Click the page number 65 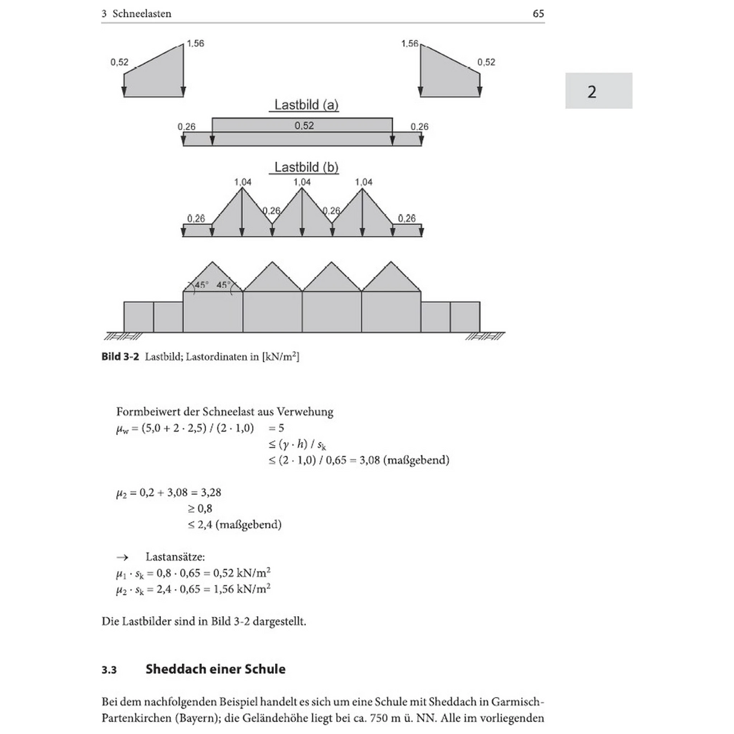pyautogui.click(x=538, y=14)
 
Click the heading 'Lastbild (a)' pyautogui.click(x=307, y=105)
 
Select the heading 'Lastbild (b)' pyautogui.click(x=307, y=167)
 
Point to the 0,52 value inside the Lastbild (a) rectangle pyautogui.click(x=304, y=125)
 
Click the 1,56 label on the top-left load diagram pyautogui.click(x=195, y=44)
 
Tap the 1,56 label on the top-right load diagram pyautogui.click(x=409, y=44)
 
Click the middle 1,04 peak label pyautogui.click(x=302, y=182)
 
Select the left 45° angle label pyautogui.click(x=201, y=285)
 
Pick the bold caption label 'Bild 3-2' pyautogui.click(x=120, y=357)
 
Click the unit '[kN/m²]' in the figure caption pyautogui.click(x=281, y=357)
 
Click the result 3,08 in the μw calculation pyautogui.click(x=369, y=460)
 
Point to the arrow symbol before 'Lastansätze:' pyautogui.click(x=122, y=557)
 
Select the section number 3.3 pyautogui.click(x=109, y=670)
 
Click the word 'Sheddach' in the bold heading pyautogui.click(x=171, y=669)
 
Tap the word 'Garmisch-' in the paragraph pyautogui.click(x=518, y=702)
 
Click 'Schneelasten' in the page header pyautogui.click(x=141, y=14)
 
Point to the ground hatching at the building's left pyautogui.click(x=123, y=336)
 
